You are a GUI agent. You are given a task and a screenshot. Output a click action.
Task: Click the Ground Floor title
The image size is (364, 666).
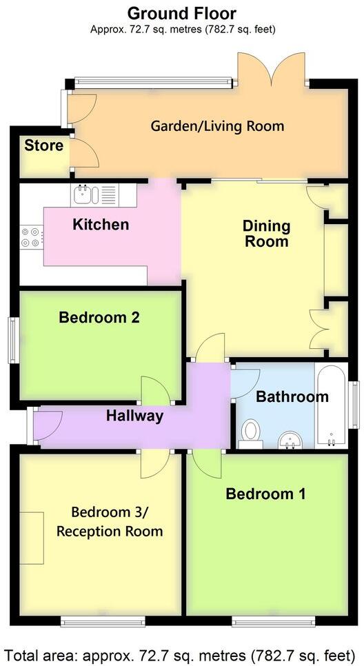click(x=182, y=13)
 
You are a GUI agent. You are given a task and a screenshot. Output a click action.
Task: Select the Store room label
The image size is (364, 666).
click(x=43, y=145)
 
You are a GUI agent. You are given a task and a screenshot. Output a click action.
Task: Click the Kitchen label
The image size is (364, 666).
click(x=101, y=224)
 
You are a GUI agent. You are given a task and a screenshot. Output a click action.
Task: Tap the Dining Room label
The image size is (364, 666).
click(x=265, y=234)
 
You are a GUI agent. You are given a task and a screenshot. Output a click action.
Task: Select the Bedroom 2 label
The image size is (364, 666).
click(x=99, y=318)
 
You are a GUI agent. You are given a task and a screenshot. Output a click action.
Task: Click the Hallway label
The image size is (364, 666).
click(x=134, y=416)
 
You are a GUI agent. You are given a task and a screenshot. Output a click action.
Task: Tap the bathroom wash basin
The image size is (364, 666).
click(x=290, y=439)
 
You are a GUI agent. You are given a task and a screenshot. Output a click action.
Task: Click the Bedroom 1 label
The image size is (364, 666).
click(x=266, y=494)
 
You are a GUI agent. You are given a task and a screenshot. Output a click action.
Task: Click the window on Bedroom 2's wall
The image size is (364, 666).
click(x=12, y=339)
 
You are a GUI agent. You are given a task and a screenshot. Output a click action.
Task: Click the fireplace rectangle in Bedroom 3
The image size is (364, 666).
click(x=31, y=538)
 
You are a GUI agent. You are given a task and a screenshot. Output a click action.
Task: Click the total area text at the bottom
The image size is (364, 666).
click(x=182, y=653)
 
